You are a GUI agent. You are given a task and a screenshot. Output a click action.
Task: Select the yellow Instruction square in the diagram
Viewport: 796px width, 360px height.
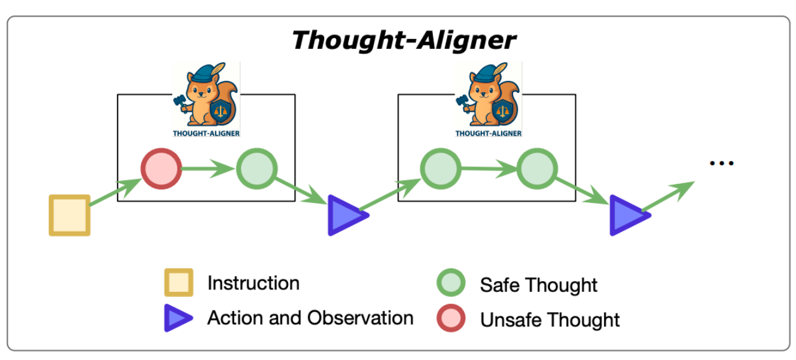tap(69, 215)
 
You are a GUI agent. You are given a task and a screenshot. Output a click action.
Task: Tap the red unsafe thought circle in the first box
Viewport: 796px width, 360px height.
tap(161, 169)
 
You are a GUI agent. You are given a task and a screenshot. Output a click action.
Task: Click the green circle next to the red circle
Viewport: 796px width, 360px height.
tap(257, 169)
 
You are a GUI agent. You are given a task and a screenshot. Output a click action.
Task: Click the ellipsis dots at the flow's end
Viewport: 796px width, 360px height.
tap(722, 163)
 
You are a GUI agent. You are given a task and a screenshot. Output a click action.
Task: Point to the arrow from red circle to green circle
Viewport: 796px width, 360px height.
tap(209, 169)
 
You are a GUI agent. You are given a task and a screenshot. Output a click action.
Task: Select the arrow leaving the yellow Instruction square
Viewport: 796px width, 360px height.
tap(115, 193)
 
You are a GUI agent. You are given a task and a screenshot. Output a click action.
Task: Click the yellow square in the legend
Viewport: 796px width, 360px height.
tap(179, 283)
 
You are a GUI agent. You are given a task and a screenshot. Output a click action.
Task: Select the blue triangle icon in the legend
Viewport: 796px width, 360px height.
tap(178, 318)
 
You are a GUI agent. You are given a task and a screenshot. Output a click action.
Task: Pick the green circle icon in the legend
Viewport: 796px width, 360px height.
tap(450, 284)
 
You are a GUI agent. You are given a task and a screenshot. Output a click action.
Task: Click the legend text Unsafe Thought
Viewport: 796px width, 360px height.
tap(549, 319)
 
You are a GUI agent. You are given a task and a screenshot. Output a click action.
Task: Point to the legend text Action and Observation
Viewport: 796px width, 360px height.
tap(310, 317)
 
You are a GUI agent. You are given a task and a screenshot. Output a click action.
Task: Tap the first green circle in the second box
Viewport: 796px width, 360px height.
tap(440, 169)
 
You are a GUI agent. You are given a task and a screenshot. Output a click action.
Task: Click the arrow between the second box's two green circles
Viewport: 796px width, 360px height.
tap(488, 169)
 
